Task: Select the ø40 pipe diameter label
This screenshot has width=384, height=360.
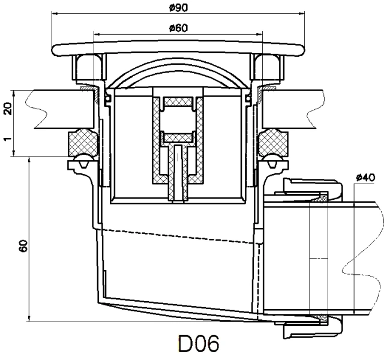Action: pyautogui.click(x=365, y=178)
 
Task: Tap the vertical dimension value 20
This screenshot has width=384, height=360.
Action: pyautogui.click(x=8, y=109)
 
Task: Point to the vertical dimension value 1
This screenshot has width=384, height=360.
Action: pyautogui.click(x=8, y=139)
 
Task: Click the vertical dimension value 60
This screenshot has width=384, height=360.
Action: pyautogui.click(x=23, y=246)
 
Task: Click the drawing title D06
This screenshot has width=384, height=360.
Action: pyautogui.click(x=199, y=345)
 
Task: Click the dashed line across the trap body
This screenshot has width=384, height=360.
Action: pyautogui.click(x=180, y=236)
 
